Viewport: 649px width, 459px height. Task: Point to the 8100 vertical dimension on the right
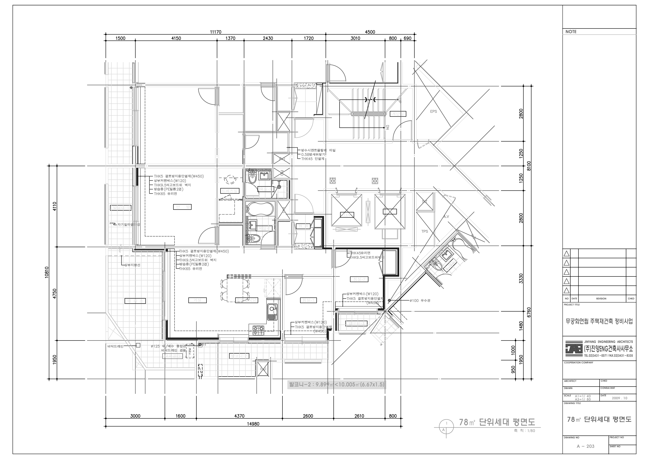pos(529,166)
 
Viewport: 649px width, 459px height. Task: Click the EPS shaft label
pos(433,111)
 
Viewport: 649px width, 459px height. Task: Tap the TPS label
pos(425,231)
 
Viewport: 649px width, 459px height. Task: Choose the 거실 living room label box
pos(197,300)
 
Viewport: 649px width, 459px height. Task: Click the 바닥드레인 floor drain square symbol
pos(138,345)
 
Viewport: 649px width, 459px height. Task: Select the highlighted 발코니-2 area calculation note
pos(336,385)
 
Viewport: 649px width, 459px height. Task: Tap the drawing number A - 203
pos(585,446)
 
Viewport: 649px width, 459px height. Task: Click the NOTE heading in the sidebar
pos(571,32)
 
